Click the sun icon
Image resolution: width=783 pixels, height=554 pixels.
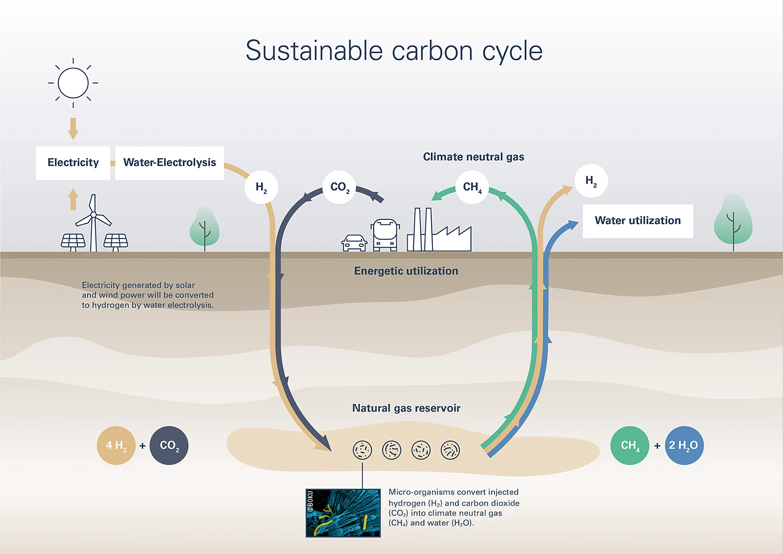tap(73, 83)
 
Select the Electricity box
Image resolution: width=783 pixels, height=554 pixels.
tap(73, 163)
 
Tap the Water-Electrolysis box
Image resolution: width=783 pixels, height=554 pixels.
tap(170, 163)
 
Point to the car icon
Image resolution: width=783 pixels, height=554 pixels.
tap(354, 243)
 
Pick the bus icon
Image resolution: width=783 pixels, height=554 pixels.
tap(385, 235)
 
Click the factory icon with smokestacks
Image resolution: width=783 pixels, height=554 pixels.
tap(439, 229)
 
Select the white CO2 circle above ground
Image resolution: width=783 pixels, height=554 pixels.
tap(339, 187)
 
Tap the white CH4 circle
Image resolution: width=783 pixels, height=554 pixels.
tap(472, 187)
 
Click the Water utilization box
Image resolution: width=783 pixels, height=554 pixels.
tap(638, 221)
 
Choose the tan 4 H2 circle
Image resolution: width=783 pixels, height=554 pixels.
tap(116, 445)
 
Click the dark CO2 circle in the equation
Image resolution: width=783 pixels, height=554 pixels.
tap(169, 445)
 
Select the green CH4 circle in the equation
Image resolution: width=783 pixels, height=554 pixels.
tap(630, 445)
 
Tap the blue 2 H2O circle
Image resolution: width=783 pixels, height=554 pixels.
tap(684, 445)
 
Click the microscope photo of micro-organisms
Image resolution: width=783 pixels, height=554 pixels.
tap(343, 513)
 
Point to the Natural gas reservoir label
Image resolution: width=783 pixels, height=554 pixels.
tap(406, 408)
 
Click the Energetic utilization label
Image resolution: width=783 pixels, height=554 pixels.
tap(406, 271)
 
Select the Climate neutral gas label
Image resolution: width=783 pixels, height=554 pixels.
tap(473, 157)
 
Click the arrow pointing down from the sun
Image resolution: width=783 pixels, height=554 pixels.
tap(73, 128)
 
